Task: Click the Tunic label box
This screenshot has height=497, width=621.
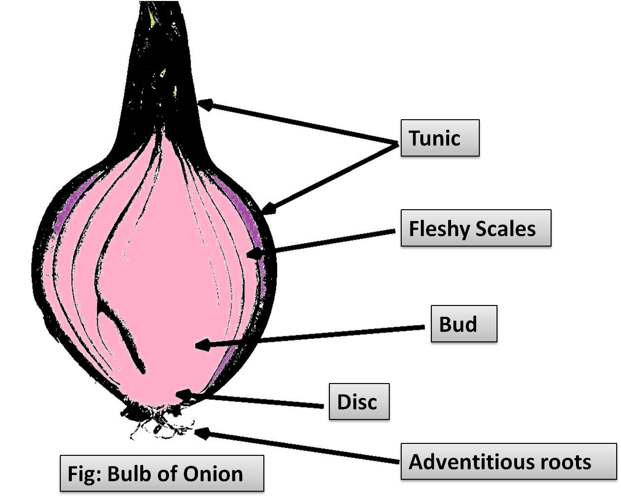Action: (x=440, y=138)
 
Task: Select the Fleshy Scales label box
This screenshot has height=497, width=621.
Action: (x=476, y=228)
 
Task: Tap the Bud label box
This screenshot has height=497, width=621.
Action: (x=464, y=325)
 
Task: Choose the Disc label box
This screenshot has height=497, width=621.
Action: (x=359, y=402)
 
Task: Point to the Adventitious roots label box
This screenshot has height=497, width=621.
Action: (x=508, y=462)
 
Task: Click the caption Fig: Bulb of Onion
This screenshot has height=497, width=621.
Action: (x=161, y=474)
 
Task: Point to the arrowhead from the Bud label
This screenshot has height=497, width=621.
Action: (x=202, y=344)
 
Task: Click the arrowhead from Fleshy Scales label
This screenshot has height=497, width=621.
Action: (x=257, y=252)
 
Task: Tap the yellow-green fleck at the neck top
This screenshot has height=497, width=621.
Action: (x=152, y=19)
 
